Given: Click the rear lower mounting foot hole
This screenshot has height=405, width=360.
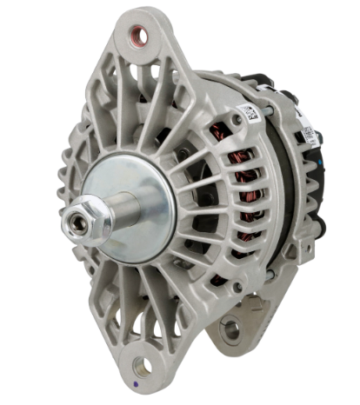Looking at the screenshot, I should coord(230,329).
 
